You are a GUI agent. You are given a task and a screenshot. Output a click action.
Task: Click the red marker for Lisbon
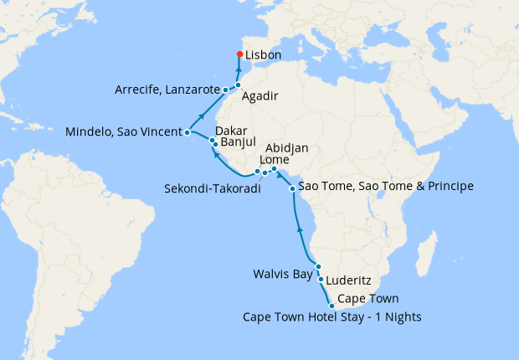click(x=239, y=55)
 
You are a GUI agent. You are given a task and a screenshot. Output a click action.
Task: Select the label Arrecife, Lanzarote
click(x=167, y=90)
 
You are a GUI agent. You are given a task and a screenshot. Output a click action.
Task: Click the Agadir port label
click(x=259, y=96)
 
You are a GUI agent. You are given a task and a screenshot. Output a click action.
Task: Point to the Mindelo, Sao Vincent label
click(x=125, y=131)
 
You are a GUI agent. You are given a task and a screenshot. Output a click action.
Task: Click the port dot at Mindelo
click(x=188, y=132)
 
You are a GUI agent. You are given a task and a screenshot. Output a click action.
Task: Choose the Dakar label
click(x=230, y=131)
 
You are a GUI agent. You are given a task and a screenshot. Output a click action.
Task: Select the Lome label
click(x=275, y=160)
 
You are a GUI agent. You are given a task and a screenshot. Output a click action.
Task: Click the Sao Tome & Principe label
click(x=386, y=185)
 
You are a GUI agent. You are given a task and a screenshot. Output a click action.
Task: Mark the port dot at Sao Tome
click(x=292, y=188)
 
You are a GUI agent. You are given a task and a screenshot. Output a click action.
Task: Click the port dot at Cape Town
click(x=332, y=306)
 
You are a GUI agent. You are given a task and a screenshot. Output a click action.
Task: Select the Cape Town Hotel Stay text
click(x=331, y=316)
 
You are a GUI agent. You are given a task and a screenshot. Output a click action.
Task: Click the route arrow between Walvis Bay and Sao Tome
click(x=299, y=227)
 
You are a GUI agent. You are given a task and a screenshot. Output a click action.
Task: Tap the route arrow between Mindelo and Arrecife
click(x=201, y=116)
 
